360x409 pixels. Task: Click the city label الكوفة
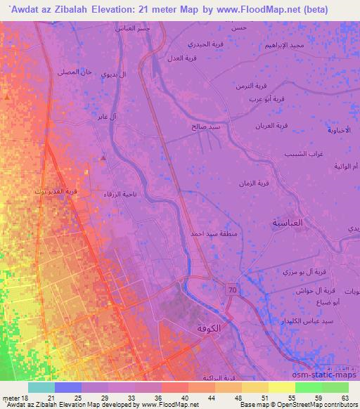pos(214,328)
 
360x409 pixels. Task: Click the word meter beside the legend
pos(10,397)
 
